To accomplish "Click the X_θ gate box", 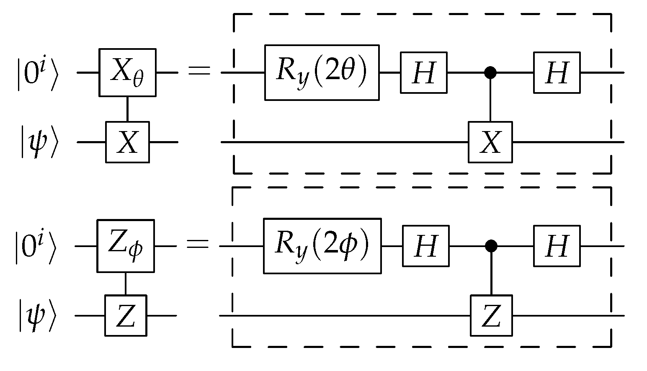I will (127, 72).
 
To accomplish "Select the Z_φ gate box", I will (126, 246).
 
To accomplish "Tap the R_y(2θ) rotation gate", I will (322, 72).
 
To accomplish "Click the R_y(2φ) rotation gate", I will (322, 246).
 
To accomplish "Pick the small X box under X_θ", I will (127, 142).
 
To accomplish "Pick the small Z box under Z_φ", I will (126, 315).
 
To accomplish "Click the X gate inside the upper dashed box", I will (490, 142).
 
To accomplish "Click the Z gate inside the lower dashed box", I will (491, 315).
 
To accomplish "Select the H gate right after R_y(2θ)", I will (424, 72).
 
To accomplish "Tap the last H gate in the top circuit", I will (557, 72).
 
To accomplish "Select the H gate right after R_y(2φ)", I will (426, 246).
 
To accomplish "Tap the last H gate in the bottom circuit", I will (557, 246).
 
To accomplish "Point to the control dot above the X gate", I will (490, 73).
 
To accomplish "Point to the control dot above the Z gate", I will (491, 246).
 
